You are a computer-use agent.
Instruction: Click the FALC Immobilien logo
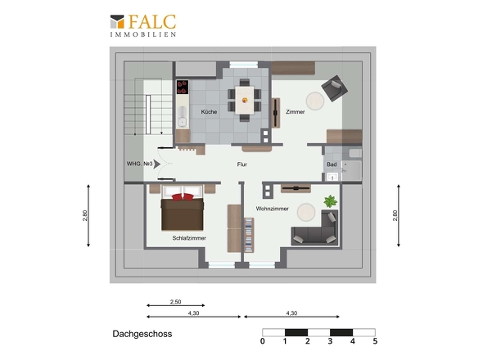point(143,26)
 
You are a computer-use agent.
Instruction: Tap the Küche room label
point(209,112)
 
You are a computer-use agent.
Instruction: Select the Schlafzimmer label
point(189,238)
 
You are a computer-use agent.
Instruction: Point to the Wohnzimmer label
point(273,209)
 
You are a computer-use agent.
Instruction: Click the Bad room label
point(332,164)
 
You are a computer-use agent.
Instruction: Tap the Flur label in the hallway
point(242,164)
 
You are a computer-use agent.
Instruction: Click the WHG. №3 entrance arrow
point(157,164)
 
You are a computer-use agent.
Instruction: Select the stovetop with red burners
point(183,87)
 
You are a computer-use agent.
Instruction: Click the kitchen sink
point(183,117)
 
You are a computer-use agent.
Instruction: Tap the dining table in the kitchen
point(245,100)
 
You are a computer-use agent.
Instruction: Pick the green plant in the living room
point(330,201)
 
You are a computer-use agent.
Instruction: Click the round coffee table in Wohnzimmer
point(306,212)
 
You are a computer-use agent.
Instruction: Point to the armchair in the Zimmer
point(334,88)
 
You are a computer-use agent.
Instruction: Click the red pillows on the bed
point(183,197)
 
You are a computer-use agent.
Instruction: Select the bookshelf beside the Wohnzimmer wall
point(249,236)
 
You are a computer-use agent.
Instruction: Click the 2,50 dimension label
point(175,302)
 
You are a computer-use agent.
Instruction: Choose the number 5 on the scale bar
point(375,341)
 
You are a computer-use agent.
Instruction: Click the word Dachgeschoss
point(142,334)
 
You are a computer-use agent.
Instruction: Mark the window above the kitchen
point(243,65)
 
